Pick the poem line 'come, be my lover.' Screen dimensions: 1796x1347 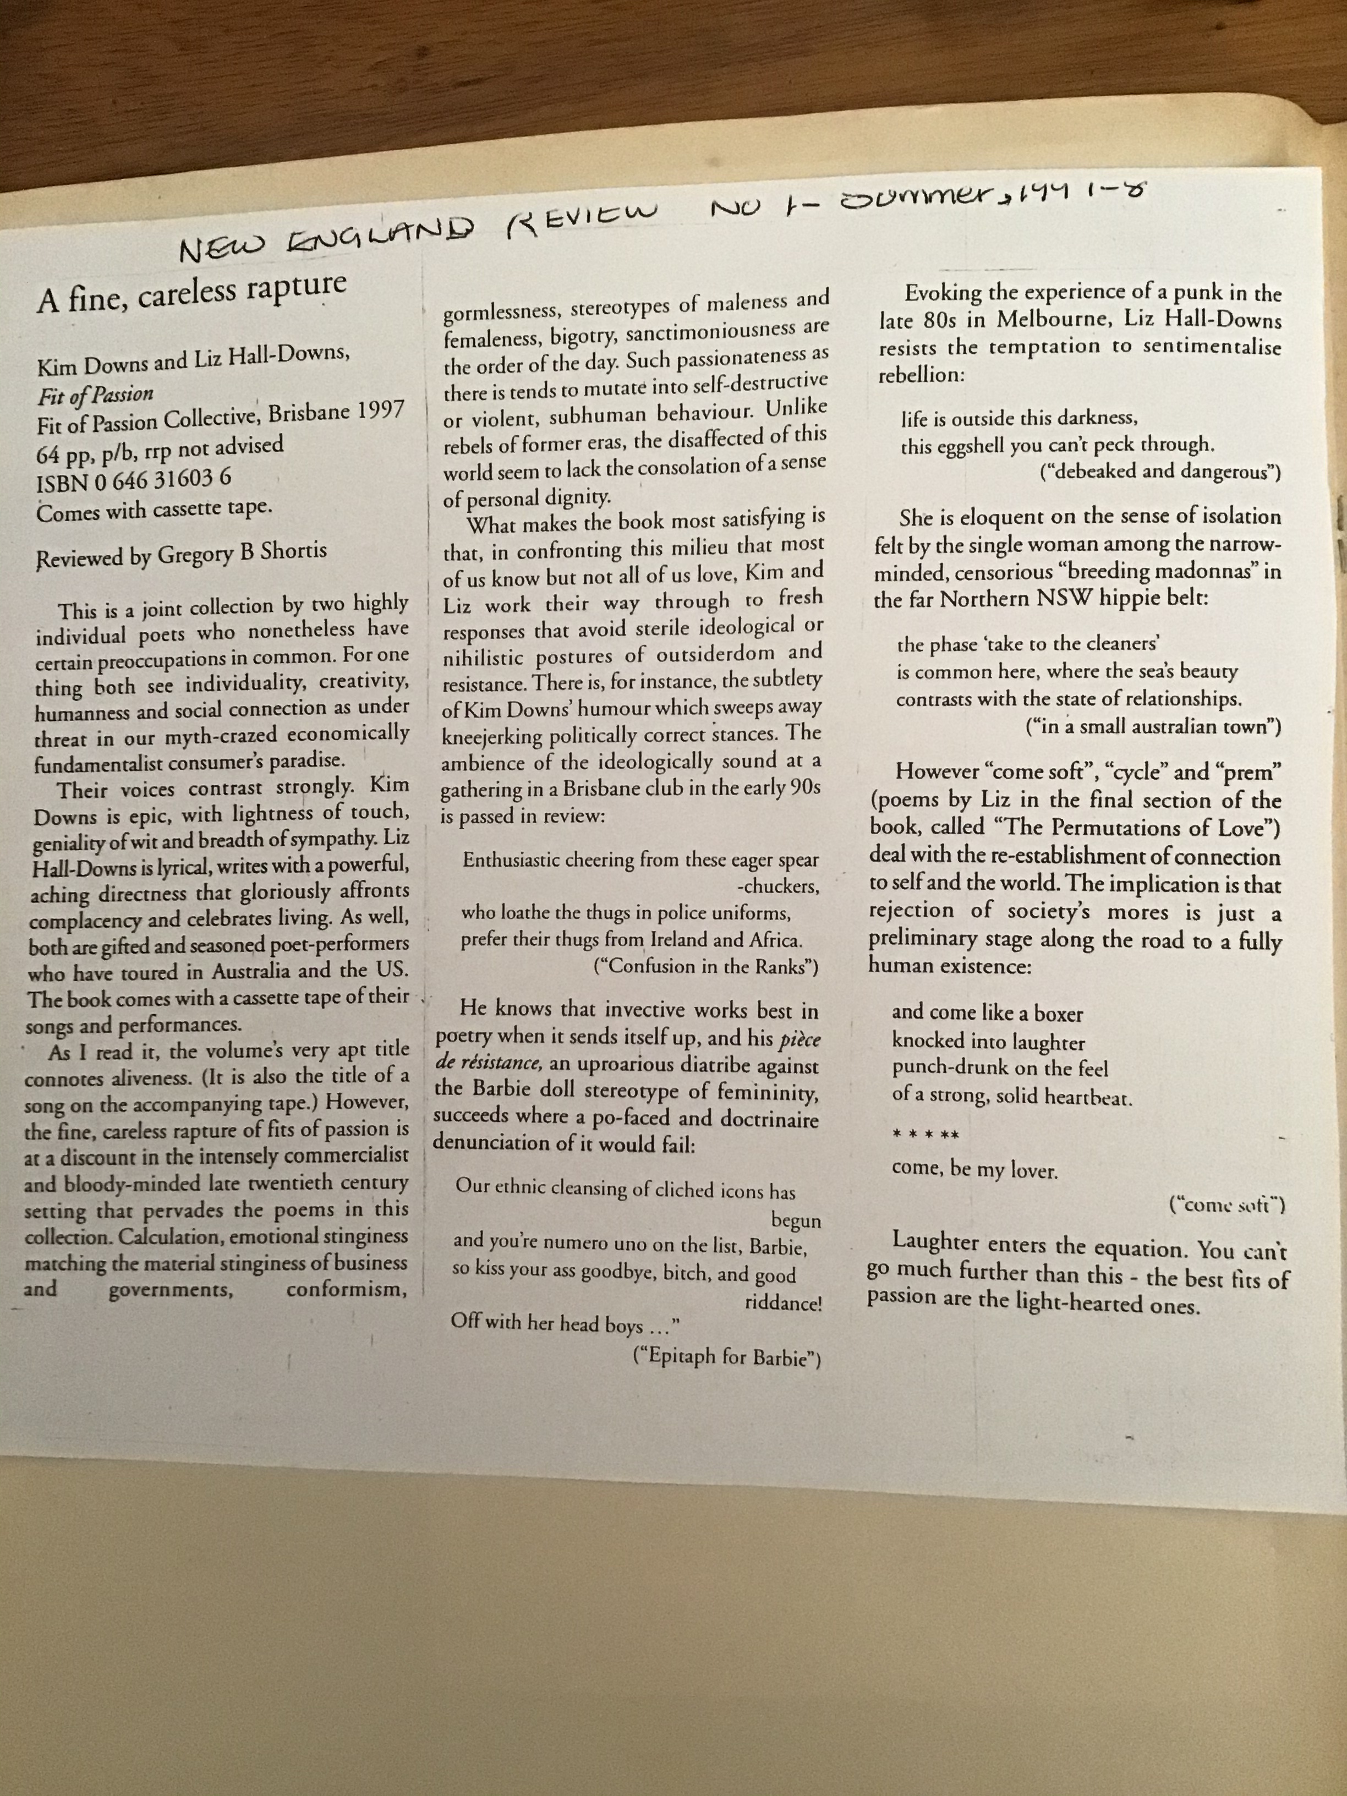pyautogui.click(x=974, y=1170)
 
